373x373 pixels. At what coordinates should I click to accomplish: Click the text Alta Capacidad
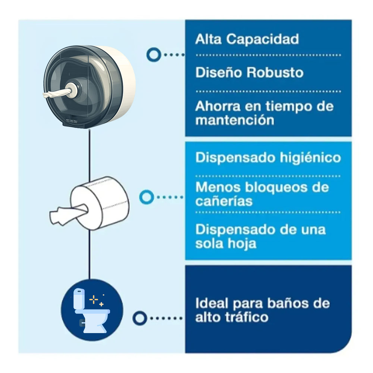(247, 39)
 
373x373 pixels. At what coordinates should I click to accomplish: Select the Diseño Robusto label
(249, 72)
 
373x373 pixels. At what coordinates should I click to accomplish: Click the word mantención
(235, 120)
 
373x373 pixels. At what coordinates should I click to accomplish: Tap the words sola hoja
(226, 244)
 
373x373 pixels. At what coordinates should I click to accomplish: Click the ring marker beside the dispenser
(153, 55)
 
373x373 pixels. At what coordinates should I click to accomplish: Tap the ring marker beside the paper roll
(146, 197)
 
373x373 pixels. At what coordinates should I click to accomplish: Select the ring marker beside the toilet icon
(140, 318)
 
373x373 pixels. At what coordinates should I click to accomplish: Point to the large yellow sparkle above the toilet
(93, 299)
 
